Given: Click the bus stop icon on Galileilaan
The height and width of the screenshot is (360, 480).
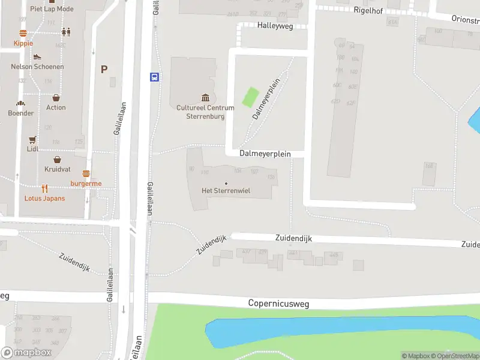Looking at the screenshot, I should (x=154, y=77).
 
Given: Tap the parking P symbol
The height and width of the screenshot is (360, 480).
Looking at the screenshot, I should (x=104, y=69).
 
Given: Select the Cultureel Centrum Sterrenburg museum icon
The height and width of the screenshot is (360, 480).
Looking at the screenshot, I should (x=205, y=98).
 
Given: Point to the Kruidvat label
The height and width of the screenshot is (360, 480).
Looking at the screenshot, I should (x=57, y=170).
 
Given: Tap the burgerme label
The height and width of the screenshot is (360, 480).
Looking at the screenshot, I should (x=86, y=184).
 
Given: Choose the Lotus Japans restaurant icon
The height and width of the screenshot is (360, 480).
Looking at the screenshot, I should (x=45, y=188).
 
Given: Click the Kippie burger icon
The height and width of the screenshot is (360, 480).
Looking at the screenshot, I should (x=23, y=34).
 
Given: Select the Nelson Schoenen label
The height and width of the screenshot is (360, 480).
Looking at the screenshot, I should (x=37, y=67).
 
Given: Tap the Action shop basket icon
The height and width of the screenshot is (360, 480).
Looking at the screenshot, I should (x=56, y=97).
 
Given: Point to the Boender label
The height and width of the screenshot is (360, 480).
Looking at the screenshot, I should (x=21, y=113).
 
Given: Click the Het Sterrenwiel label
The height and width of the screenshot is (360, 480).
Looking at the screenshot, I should (x=226, y=191).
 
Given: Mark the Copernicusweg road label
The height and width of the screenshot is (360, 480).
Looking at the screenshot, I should (x=278, y=304).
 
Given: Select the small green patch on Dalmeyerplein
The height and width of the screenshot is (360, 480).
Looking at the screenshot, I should (x=250, y=97).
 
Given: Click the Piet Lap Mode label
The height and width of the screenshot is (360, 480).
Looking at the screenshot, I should (x=52, y=9).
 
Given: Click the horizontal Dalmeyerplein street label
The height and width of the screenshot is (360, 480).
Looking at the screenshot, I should (x=265, y=154).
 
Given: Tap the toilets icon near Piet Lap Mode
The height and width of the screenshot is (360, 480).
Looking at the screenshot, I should (x=65, y=32).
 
